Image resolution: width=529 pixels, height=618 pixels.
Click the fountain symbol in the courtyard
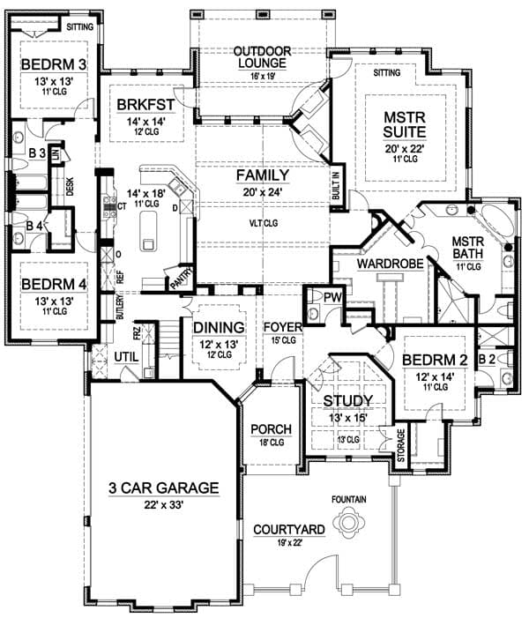click(x=352, y=525)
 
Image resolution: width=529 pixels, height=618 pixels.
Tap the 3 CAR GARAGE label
click(x=163, y=488)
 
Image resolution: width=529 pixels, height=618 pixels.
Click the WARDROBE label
click(x=391, y=263)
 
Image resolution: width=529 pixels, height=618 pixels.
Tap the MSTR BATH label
click(x=464, y=247)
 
